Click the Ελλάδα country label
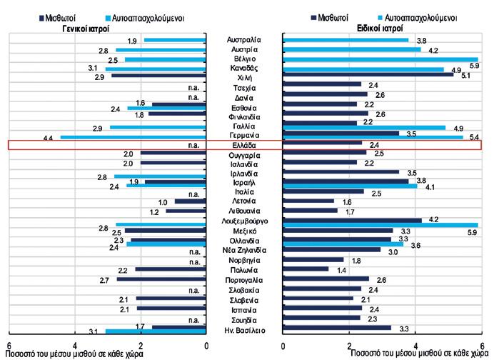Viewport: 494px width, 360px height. coord(244,144)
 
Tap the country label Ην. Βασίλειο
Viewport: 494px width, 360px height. coord(244,331)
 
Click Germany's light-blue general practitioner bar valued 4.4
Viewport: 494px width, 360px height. coord(133,137)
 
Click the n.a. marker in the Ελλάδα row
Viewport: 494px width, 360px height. coord(192,144)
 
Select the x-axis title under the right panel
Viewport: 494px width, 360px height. coord(415,354)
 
